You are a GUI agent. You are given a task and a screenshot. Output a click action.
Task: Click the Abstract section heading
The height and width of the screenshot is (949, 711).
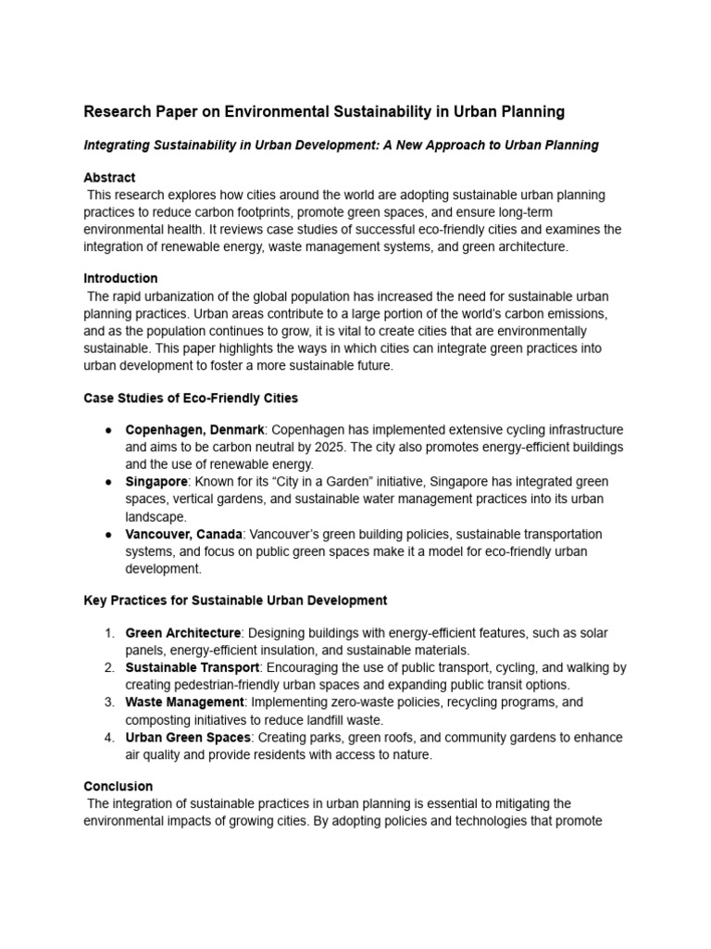pyautogui.click(x=109, y=177)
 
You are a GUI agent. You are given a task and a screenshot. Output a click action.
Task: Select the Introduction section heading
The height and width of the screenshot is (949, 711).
pyautogui.click(x=120, y=278)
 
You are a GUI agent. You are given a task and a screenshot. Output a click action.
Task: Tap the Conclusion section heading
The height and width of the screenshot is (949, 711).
pyautogui.click(x=118, y=786)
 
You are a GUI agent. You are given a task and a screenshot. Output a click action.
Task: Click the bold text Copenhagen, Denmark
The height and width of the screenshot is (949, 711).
pyautogui.click(x=194, y=430)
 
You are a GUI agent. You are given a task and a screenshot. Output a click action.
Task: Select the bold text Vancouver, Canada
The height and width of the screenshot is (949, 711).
pyautogui.click(x=184, y=535)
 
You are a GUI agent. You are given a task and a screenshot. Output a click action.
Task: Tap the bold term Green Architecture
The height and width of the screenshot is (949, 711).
pyautogui.click(x=183, y=633)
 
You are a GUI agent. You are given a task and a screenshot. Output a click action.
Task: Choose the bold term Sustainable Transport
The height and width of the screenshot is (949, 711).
pyautogui.click(x=193, y=667)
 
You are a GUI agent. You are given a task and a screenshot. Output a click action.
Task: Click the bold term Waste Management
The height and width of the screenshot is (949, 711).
pyautogui.click(x=184, y=702)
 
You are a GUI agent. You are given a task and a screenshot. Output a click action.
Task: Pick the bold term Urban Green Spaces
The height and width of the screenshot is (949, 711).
pyautogui.click(x=188, y=738)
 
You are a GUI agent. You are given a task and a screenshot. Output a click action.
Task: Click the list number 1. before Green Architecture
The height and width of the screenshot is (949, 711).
pyautogui.click(x=108, y=633)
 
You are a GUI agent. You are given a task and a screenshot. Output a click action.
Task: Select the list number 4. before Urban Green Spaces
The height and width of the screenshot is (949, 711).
pyautogui.click(x=108, y=738)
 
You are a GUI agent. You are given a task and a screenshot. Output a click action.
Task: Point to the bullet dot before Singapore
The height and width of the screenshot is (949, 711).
pyautogui.click(x=108, y=482)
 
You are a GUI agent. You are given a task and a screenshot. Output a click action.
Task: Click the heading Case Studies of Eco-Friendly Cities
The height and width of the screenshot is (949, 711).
pyautogui.click(x=191, y=398)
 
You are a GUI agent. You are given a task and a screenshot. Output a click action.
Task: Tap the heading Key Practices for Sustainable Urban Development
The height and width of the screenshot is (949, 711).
pyautogui.click(x=235, y=601)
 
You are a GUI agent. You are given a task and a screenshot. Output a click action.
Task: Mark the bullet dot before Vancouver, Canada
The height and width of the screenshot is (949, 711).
pyautogui.click(x=108, y=535)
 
